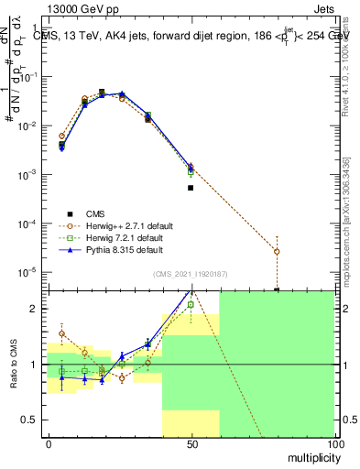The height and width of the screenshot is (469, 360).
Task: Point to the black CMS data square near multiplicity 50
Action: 191,188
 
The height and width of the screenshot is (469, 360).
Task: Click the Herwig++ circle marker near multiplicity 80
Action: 277,251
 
